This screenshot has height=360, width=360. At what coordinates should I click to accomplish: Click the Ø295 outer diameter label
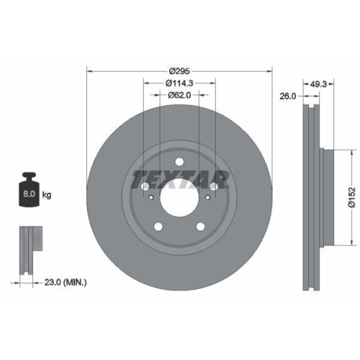(x=179, y=71)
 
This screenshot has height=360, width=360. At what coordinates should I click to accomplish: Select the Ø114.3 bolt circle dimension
(x=179, y=83)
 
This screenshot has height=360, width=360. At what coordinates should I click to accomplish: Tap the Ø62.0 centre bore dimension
(x=179, y=94)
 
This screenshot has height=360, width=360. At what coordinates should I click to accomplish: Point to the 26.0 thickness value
(x=288, y=95)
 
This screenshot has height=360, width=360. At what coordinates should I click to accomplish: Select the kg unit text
(x=47, y=194)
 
